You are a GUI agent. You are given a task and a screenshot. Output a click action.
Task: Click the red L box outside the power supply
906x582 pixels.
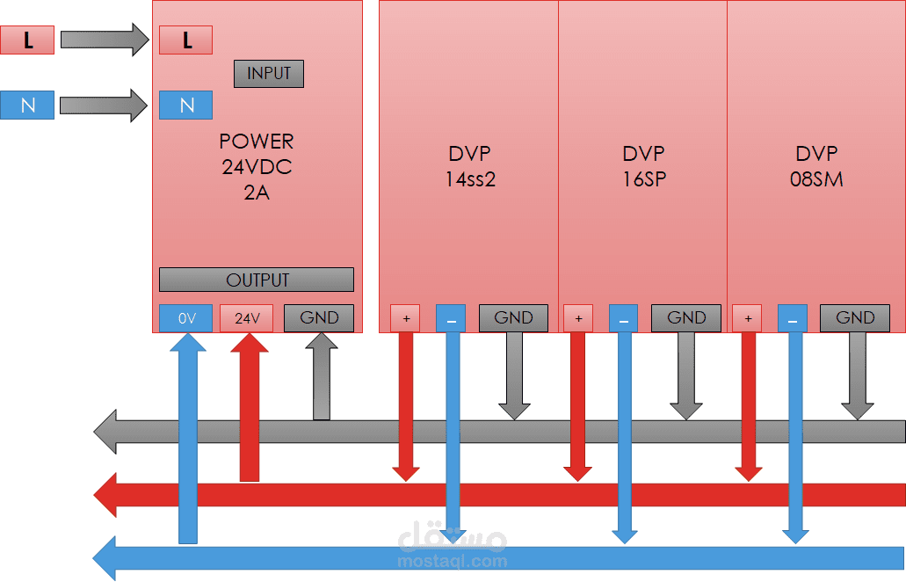27,40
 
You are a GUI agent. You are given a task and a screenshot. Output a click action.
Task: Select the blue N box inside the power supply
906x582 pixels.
185,105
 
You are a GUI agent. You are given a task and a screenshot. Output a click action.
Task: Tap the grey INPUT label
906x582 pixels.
268,74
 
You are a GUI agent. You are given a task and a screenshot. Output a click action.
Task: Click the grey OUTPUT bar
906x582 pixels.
257,280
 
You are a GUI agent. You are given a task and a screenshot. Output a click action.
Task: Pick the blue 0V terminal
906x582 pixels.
186,318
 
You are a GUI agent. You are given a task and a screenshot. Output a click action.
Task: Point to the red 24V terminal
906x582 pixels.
247,318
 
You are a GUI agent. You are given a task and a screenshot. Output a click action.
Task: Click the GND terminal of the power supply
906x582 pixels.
318,318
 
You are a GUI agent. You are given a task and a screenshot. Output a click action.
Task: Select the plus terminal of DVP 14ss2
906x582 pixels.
405,318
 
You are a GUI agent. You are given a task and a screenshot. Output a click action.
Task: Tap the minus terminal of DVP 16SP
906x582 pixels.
623,318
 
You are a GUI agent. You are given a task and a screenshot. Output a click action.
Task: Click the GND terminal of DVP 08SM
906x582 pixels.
854,318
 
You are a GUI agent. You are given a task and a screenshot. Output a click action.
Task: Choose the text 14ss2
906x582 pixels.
471,179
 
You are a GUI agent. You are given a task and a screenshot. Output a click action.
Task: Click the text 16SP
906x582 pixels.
643,179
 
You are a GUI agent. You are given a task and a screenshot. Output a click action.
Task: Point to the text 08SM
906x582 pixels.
816,179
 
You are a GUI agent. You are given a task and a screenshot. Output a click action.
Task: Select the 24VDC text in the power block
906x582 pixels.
257,167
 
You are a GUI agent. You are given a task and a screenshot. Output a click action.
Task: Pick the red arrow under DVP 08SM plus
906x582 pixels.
748,404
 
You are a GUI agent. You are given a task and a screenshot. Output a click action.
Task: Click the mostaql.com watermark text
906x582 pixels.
453,560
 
